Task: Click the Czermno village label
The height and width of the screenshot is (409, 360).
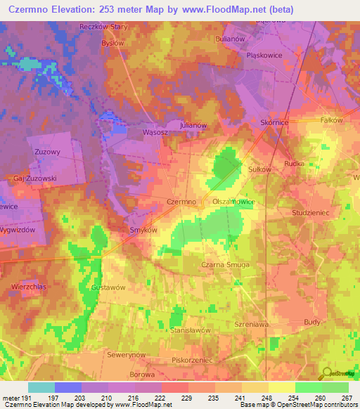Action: pos(181,202)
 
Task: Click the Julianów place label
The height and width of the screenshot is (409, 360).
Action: pos(193,125)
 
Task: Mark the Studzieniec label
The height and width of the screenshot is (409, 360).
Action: pos(310,211)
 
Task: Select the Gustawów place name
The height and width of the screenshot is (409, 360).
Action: pos(108,287)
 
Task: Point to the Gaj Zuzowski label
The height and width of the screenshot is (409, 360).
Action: pos(34,178)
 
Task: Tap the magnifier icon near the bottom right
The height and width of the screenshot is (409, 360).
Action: pos(326,373)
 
